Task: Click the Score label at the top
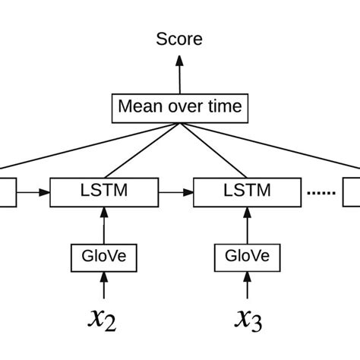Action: (x=179, y=39)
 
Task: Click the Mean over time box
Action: (x=179, y=106)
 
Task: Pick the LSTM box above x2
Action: (x=104, y=192)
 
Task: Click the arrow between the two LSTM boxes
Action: (x=176, y=192)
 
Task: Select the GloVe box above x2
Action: (x=104, y=257)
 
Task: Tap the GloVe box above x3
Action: (x=247, y=257)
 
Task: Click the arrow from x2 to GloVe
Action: (x=104, y=286)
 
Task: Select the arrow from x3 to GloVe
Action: (x=247, y=286)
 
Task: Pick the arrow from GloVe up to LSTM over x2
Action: (x=104, y=225)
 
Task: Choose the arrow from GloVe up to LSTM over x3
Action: (x=247, y=225)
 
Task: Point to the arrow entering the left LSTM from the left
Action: (x=33, y=192)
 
